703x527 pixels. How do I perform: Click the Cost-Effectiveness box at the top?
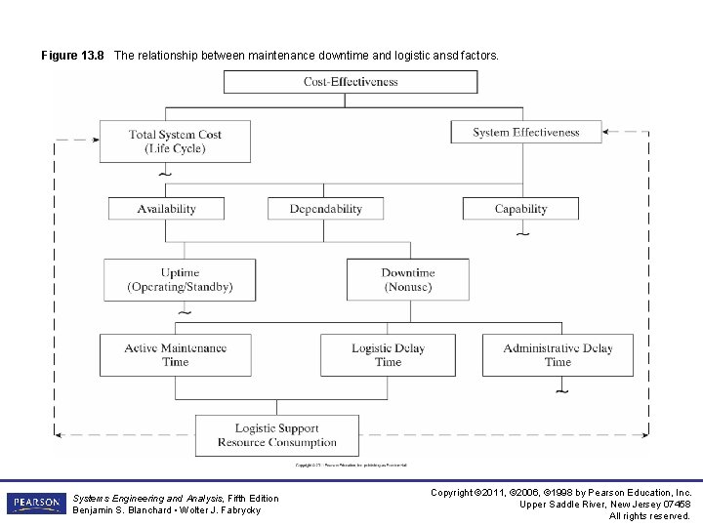[x=351, y=82]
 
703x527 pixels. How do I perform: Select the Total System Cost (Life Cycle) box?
[x=175, y=141]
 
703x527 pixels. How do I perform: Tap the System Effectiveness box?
[x=525, y=132]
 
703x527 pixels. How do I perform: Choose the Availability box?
[x=166, y=209]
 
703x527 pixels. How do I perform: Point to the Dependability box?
[x=325, y=209]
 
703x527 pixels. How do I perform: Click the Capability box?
[x=520, y=209]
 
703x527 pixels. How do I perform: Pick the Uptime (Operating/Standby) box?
[x=180, y=279]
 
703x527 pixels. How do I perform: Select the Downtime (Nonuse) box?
[x=407, y=279]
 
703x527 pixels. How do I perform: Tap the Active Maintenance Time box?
[x=176, y=355]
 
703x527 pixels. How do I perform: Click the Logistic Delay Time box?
[x=387, y=355]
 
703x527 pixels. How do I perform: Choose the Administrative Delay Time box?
[x=558, y=355]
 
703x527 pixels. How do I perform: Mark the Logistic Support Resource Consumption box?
[x=276, y=435]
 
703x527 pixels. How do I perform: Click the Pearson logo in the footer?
[x=36, y=503]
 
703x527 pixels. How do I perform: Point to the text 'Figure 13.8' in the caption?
[x=72, y=57]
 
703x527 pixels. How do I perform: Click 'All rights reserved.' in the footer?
[x=650, y=515]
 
